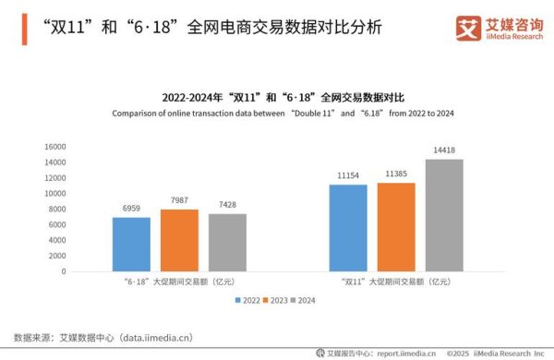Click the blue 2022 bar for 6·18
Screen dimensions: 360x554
pos(131,245)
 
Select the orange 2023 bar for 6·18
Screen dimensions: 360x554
pos(179,241)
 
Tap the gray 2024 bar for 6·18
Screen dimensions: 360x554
pos(226,243)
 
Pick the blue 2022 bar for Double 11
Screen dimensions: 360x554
pos(347,228)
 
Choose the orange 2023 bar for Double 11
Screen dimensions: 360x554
pos(396,227)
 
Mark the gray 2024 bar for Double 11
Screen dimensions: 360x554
pos(444,216)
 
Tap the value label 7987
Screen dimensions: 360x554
pos(179,199)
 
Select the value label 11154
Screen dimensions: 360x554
pos(347,174)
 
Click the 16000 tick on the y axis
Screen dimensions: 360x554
pos(55,147)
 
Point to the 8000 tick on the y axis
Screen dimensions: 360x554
pos(58,210)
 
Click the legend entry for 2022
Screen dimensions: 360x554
pos(247,301)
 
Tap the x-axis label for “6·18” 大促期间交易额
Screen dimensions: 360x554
pos(179,282)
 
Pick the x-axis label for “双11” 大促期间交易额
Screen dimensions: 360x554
pos(396,282)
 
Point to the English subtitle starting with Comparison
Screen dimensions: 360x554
pos(285,114)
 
